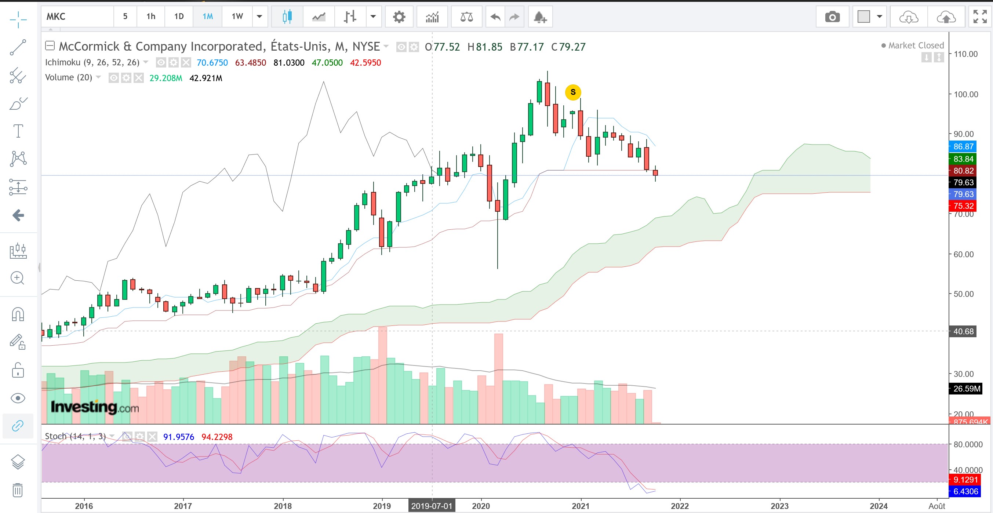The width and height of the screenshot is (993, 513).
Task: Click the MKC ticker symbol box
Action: tap(77, 17)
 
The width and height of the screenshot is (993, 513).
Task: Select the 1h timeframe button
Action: tap(151, 17)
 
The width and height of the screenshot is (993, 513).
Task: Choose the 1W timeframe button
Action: tap(237, 17)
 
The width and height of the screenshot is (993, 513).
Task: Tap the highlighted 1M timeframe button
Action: tap(207, 17)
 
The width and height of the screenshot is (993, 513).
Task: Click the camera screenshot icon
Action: tap(832, 17)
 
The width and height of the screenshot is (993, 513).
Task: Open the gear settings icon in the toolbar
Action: tap(399, 17)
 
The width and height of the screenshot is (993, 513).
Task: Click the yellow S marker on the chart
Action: tap(573, 92)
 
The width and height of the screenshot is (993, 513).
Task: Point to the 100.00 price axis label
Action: tap(965, 94)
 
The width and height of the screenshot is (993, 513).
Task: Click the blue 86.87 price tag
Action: tap(963, 146)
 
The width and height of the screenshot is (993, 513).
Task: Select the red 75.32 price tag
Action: tap(963, 206)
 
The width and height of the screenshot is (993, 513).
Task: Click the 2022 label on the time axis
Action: tap(680, 506)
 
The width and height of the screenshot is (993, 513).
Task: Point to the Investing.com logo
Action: tap(95, 407)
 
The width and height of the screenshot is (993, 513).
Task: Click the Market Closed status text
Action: tap(916, 46)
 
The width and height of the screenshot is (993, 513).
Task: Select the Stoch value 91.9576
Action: tap(178, 437)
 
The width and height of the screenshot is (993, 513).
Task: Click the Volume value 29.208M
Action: tap(166, 78)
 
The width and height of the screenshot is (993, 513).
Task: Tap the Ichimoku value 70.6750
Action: tap(212, 62)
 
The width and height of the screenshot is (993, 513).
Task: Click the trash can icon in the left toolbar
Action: tap(18, 490)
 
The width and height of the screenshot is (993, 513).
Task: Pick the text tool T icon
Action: tap(18, 131)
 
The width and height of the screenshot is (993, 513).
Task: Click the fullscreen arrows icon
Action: tap(980, 17)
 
